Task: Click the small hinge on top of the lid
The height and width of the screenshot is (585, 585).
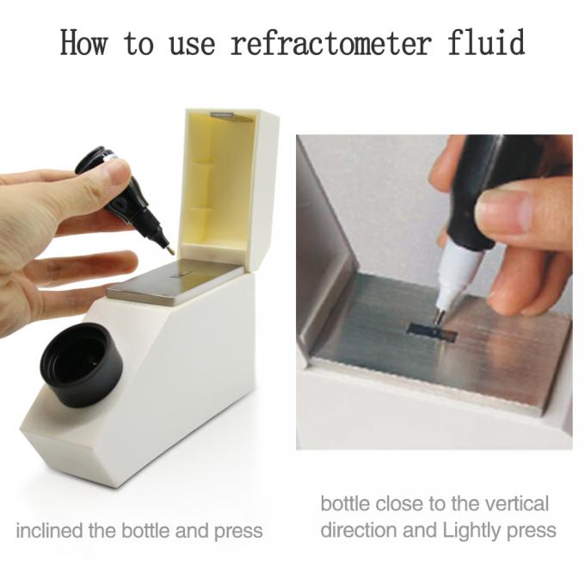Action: pyautogui.click(x=223, y=113)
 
